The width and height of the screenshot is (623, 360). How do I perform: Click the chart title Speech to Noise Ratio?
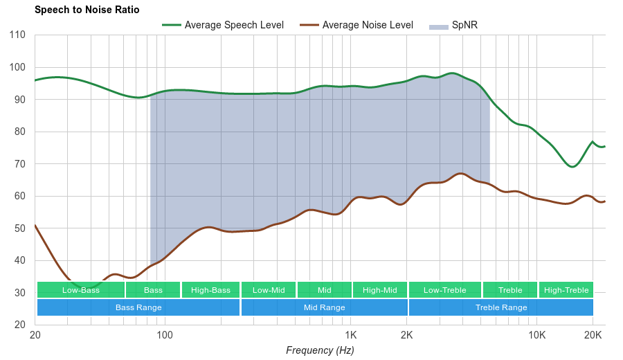87,10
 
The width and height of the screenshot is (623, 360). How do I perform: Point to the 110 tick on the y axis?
17,35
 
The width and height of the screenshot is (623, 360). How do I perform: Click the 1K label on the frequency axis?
350,336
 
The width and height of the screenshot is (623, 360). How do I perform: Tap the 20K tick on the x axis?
593,336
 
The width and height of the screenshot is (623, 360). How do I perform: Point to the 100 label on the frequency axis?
165,336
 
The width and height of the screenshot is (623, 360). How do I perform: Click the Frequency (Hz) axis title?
320,350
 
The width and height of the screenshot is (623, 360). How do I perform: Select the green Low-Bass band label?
81,290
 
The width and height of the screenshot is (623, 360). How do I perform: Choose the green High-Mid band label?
380,290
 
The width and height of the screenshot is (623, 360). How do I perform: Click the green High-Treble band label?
566,290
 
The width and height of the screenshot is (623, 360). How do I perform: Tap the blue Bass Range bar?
138,307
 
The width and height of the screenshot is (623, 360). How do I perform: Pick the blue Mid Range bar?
325,307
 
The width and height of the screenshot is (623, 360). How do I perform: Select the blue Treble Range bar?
501,307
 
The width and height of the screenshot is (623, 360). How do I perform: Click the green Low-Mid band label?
269,290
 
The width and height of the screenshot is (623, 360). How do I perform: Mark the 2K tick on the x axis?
407,336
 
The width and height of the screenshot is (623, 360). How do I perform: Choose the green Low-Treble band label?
445,290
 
